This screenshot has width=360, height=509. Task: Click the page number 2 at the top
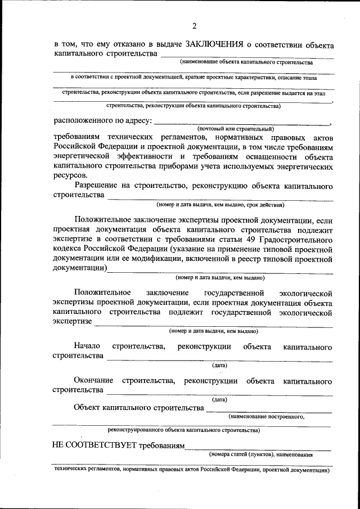tap(194, 26)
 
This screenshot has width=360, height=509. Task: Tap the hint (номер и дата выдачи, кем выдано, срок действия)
tap(220, 205)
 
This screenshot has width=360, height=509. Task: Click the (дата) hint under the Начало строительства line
tap(219, 365)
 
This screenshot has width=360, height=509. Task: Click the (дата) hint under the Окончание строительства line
tap(219, 400)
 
